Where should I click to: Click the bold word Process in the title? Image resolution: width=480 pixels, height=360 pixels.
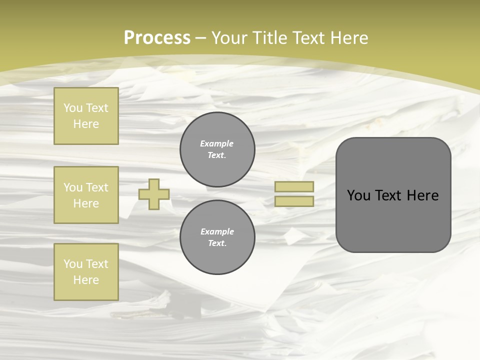[157, 38]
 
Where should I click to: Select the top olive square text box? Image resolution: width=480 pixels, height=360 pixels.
[86, 116]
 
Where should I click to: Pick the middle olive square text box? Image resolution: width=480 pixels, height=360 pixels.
[86, 195]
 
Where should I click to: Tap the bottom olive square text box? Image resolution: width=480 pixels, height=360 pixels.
[86, 272]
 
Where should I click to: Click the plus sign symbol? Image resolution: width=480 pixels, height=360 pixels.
[154, 194]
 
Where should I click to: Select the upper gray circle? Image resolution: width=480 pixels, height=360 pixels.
[217, 149]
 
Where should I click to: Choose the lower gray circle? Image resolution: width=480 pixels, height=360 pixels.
[217, 237]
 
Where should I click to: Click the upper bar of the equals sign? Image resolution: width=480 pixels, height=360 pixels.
[294, 186]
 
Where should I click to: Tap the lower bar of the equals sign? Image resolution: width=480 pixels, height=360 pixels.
[294, 201]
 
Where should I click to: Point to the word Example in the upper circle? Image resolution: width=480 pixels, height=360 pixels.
[217, 143]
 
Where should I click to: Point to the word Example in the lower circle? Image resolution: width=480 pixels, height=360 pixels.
[217, 231]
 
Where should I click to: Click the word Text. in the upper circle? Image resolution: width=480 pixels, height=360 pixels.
[217, 155]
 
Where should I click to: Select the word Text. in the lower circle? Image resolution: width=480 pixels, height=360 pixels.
[217, 243]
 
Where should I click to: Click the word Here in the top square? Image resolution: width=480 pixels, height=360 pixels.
[86, 124]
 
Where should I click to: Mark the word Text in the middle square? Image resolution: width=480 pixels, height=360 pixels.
[96, 187]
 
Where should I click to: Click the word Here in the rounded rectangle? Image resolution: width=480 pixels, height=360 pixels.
[422, 195]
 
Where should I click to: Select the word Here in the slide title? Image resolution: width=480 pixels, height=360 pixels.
[348, 38]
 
